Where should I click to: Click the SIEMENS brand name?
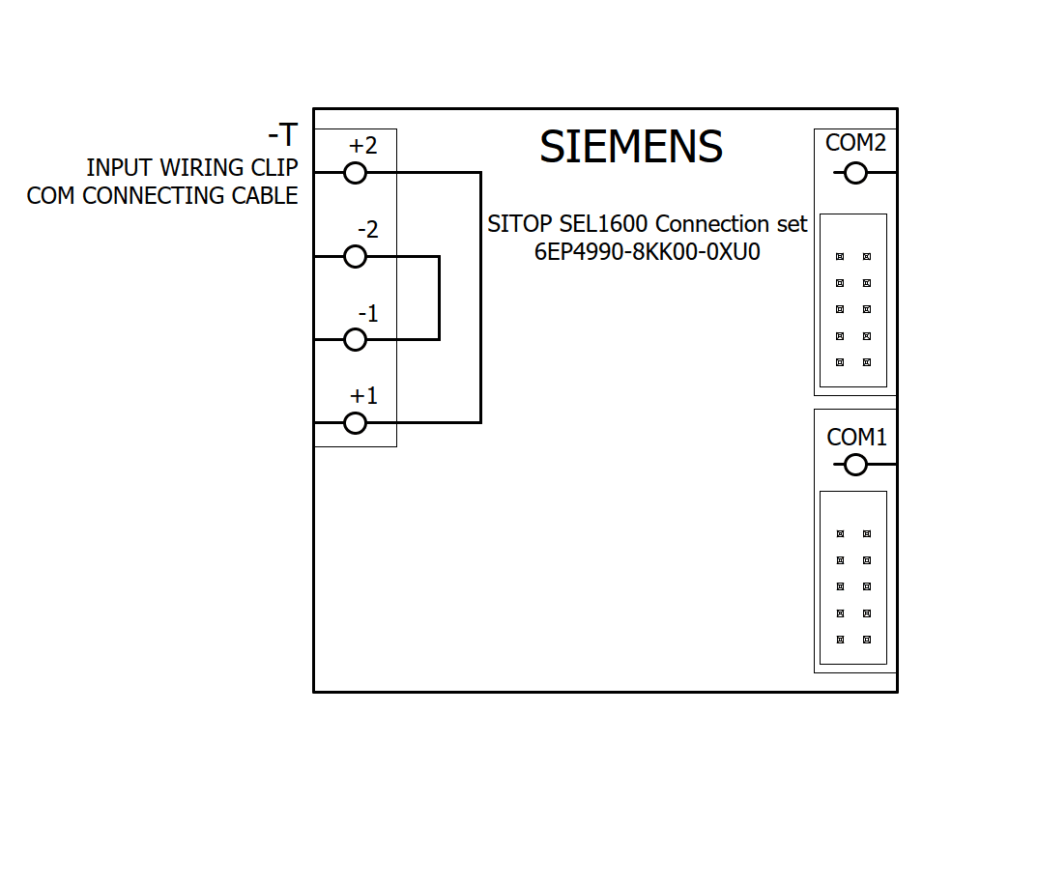(x=631, y=147)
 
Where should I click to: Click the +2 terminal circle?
(x=356, y=173)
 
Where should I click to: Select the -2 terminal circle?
(x=356, y=256)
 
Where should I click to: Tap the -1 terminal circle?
(x=356, y=339)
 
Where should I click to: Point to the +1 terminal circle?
(x=356, y=422)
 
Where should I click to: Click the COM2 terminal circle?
(x=855, y=173)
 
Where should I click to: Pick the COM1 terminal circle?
(x=855, y=465)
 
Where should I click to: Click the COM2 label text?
(x=855, y=143)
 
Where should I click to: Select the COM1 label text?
(x=856, y=438)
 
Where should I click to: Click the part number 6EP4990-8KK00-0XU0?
(x=648, y=251)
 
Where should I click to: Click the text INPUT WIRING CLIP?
(x=192, y=168)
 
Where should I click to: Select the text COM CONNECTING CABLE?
(x=162, y=196)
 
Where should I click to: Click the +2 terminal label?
(x=363, y=146)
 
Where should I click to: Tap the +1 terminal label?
(x=363, y=396)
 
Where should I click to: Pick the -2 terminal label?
(x=367, y=230)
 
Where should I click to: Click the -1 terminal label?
(x=367, y=314)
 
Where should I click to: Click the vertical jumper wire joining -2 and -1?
(x=440, y=298)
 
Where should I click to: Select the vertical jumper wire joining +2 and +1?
(x=480, y=298)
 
